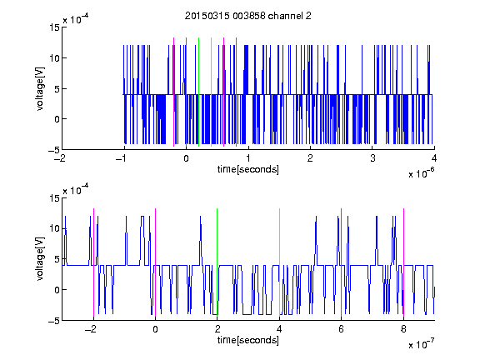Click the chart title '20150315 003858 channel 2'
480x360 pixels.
coord(248,16)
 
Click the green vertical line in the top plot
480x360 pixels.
coord(198,92)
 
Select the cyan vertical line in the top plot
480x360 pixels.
coord(211,92)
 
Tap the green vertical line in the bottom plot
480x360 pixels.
coord(217,262)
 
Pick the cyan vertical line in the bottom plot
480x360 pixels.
coord(279,262)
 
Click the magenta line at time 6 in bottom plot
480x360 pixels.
coord(342,262)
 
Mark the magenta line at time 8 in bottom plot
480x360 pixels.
coord(404,262)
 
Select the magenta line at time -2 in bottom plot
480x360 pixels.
coord(93,262)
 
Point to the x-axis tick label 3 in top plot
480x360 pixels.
coord(372,158)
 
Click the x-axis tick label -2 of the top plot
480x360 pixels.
coord(60,158)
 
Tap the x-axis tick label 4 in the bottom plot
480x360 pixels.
coord(279,329)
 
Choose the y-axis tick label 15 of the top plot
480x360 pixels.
coord(54,27)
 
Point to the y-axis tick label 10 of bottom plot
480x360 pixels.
coord(54,228)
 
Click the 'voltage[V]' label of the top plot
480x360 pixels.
coord(40,89)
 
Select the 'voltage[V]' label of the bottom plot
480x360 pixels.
coord(40,259)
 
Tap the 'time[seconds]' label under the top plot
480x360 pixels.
coord(248,169)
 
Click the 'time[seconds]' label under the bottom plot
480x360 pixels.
coord(248,340)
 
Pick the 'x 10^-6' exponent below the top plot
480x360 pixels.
coord(421,173)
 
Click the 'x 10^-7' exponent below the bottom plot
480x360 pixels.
coord(421,344)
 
